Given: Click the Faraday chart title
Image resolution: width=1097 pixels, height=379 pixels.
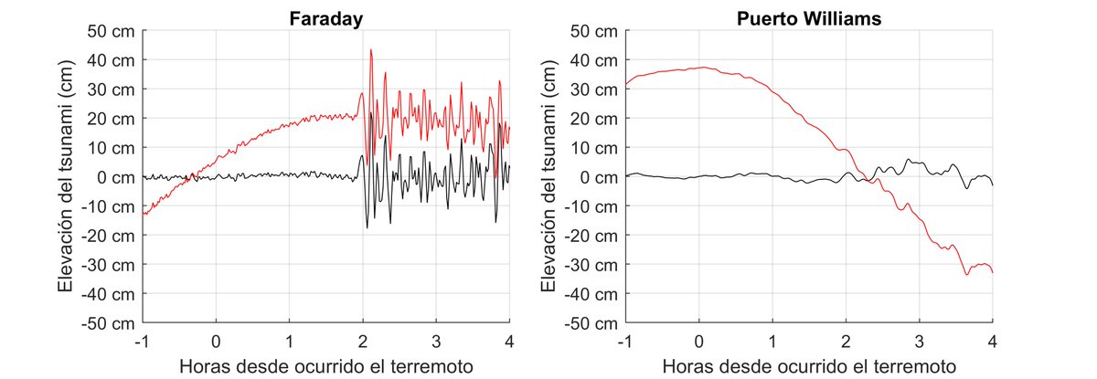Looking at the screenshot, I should click(325, 17).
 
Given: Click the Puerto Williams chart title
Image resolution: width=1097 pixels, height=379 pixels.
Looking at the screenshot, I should click(809, 17).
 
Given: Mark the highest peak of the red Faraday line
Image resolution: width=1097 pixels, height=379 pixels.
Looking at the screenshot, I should click(370, 50).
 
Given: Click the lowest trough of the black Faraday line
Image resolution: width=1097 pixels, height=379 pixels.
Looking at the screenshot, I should click(367, 227).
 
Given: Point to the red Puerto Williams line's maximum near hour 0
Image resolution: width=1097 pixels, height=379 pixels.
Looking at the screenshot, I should click(701, 68).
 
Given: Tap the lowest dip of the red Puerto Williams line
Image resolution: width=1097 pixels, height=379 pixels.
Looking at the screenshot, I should click(967, 274).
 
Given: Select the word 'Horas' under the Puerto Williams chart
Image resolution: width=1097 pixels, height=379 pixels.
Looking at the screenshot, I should click(687, 366).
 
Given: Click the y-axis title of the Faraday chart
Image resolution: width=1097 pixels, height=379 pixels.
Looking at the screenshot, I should click(66, 177).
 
